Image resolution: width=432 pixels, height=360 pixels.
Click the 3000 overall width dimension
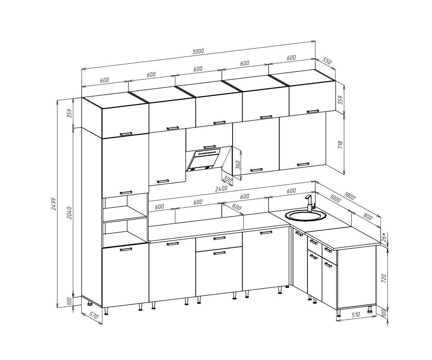(x=198, y=51)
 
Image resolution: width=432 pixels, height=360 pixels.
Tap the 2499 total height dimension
(x=54, y=204)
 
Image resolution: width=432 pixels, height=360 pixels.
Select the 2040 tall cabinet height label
(x=69, y=213)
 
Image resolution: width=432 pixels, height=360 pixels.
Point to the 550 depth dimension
(x=327, y=62)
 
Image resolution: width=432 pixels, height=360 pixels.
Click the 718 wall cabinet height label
(x=340, y=145)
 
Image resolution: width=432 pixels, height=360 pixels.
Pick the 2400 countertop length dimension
(x=221, y=189)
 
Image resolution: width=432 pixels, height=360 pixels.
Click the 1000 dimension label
(x=335, y=199)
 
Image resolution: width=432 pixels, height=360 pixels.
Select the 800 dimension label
(x=368, y=217)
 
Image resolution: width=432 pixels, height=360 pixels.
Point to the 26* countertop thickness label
(x=384, y=237)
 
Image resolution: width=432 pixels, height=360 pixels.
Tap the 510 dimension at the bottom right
(x=356, y=315)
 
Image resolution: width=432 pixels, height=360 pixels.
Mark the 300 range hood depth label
(x=227, y=179)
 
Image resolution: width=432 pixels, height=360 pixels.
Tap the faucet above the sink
(x=309, y=203)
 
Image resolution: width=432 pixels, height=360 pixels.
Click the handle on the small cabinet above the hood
(x=210, y=147)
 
